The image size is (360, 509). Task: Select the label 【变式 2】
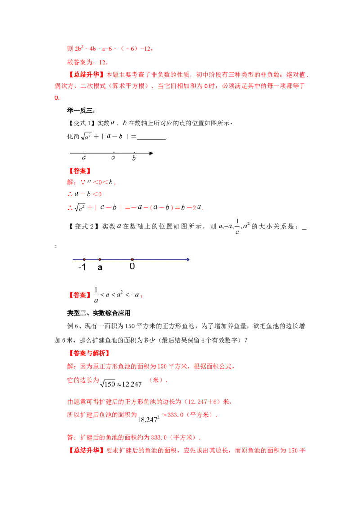[82, 226]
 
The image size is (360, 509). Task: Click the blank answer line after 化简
[151, 139]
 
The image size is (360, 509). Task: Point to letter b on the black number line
[134, 158]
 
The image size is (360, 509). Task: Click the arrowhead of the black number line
[151, 153]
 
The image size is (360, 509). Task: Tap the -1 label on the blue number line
[82, 267]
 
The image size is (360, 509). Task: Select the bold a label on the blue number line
[100, 268]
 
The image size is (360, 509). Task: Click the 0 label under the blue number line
[132, 267]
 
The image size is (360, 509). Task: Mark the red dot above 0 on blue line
[132, 259]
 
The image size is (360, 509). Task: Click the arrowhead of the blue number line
[188, 259]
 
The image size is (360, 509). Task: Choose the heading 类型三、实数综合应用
[99, 313]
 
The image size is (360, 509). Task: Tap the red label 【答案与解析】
[88, 353]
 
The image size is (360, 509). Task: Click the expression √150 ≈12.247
[121, 384]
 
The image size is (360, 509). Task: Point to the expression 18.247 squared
[148, 419]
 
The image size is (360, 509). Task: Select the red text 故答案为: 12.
[87, 63]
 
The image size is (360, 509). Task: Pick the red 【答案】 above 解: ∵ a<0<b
[79, 171]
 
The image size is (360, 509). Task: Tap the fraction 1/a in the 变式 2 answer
[96, 295]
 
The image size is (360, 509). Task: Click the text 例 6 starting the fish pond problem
[72, 326]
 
